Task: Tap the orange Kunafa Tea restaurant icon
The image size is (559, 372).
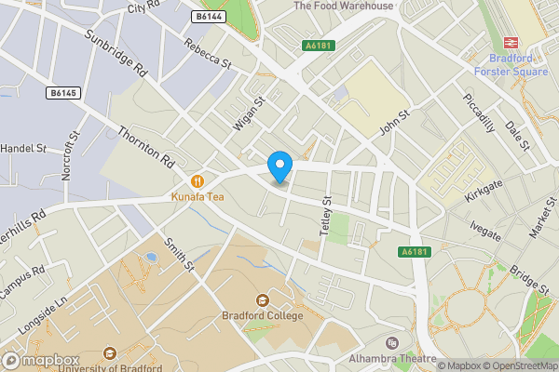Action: click(197, 180)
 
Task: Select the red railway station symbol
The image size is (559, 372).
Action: click(511, 41)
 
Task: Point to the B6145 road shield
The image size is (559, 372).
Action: click(63, 93)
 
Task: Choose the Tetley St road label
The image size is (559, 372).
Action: click(325, 215)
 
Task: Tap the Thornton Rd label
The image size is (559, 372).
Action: click(146, 148)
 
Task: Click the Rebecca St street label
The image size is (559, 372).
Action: click(207, 55)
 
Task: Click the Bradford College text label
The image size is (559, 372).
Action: click(262, 316)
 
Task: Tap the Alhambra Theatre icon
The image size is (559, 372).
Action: click(391, 343)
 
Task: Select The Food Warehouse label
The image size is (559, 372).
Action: click(343, 6)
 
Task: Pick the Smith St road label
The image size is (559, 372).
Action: click(178, 255)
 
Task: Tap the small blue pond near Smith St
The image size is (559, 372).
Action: click(151, 257)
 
